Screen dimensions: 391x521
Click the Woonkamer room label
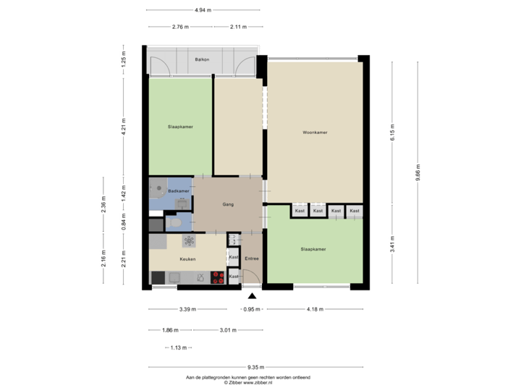(315, 133)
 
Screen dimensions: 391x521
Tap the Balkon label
(202, 59)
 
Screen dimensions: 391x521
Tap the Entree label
(252, 258)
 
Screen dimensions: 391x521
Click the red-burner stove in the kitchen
(217, 277)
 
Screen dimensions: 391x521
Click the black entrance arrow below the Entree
(252, 295)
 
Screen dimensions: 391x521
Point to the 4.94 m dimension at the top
(203, 10)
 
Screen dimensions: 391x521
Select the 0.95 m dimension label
(252, 309)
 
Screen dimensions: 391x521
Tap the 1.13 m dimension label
(177, 348)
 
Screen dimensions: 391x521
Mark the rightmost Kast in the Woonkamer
(354, 211)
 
